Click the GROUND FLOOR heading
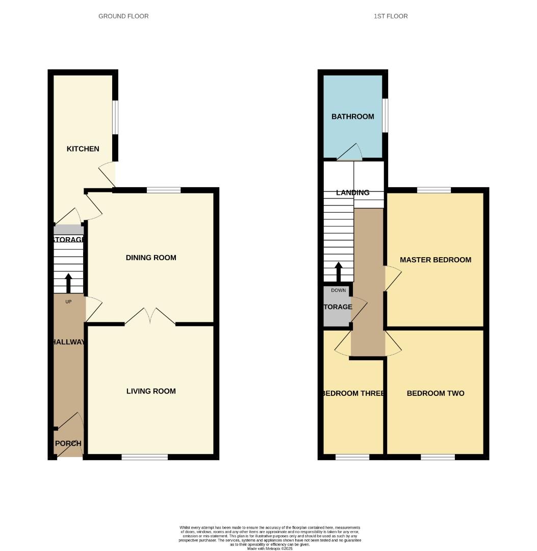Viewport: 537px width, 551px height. click(x=123, y=16)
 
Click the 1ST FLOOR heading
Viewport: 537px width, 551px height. click(x=391, y=16)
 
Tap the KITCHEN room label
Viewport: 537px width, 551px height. click(x=83, y=149)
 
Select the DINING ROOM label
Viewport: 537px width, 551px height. click(x=151, y=258)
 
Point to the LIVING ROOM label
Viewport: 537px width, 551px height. click(x=151, y=391)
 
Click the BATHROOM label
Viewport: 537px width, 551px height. click(x=353, y=116)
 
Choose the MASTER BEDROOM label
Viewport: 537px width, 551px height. click(x=436, y=260)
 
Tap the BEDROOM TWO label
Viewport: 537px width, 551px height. click(x=436, y=393)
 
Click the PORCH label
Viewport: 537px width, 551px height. click(x=68, y=443)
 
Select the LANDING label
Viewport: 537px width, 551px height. click(x=353, y=193)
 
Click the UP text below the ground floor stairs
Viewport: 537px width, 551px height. click(x=68, y=302)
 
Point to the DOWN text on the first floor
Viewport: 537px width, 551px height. click(x=338, y=290)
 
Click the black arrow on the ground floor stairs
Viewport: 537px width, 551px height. click(x=68, y=283)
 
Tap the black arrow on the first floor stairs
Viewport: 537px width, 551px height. click(x=338, y=272)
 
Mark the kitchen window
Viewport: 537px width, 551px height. click(x=116, y=117)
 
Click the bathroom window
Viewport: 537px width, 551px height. click(x=386, y=115)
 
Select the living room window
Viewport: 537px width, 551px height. click(x=145, y=457)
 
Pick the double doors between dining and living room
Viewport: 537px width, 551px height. click(x=150, y=316)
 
